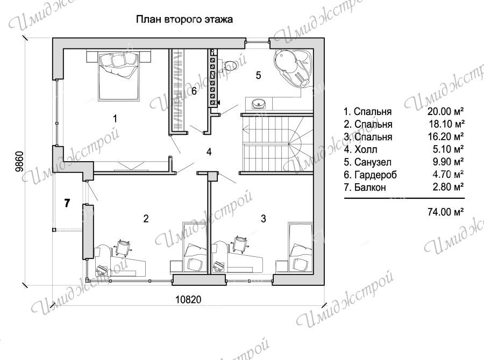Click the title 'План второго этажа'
tap(184, 20)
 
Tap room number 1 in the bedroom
tap(115, 118)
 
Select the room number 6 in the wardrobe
tap(194, 91)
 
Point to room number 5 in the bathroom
tap(258, 75)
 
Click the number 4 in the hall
tap(209, 152)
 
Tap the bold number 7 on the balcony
tap(67, 203)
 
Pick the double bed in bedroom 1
tap(118, 76)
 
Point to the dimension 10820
tap(188, 299)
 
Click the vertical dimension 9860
tap(19, 161)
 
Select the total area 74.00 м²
tap(446, 212)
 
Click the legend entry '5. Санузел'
tap(368, 162)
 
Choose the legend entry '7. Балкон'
tap(365, 187)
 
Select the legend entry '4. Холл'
tap(360, 149)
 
